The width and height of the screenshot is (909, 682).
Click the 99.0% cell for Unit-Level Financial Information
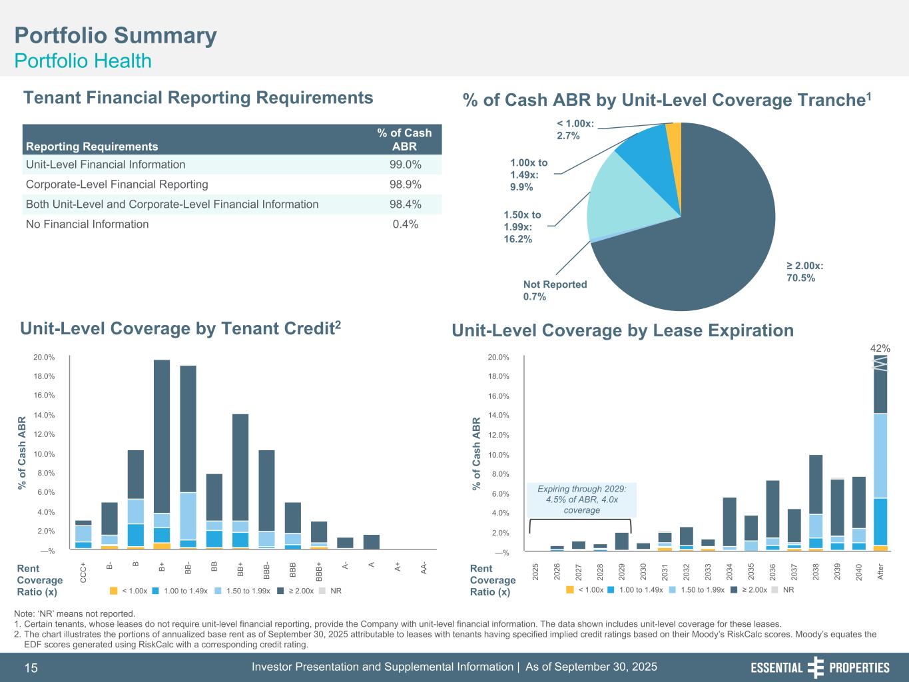pos(405,165)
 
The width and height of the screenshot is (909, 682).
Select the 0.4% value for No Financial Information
pos(405,224)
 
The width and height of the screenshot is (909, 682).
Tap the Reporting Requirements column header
pos(91,146)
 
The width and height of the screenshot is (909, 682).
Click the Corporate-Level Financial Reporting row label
pos(117,184)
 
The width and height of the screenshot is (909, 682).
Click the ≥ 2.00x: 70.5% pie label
pos(804,272)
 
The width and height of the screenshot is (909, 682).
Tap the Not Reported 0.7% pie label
pos(555,290)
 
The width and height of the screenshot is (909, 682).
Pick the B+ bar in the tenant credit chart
pos(162,454)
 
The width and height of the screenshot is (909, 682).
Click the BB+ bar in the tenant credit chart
pos(240,481)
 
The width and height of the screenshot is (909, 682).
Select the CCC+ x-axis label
pos(83,573)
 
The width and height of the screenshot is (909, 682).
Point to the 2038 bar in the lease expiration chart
pos(816,503)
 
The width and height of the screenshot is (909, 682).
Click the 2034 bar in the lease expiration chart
pos(730,523)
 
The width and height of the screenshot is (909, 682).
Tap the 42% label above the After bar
pos(880,348)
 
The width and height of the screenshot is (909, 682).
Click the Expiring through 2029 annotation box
pos(582,500)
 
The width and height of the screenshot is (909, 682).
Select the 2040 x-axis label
pos(859,572)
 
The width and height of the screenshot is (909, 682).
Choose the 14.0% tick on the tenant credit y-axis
pos(44,415)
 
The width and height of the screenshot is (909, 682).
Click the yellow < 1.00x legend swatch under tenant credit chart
pos(113,591)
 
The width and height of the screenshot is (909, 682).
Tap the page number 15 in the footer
pos(31,668)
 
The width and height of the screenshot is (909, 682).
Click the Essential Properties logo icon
pos(816,667)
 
